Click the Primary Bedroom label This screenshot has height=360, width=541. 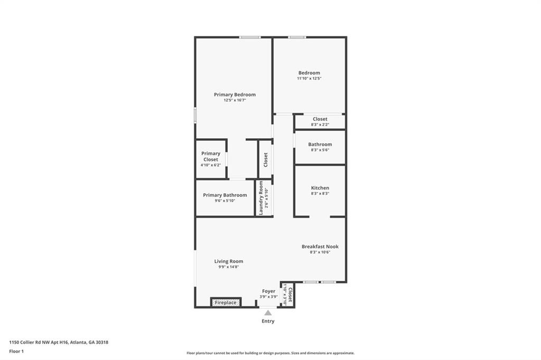click(235, 94)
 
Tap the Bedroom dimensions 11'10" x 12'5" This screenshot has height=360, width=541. click(309, 79)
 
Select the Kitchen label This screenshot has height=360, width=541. click(320, 188)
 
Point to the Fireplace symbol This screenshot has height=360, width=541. click(226, 302)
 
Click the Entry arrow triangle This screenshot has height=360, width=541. click(268, 312)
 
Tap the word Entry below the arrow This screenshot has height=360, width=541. click(268, 321)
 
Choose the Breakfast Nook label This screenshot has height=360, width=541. click(320, 247)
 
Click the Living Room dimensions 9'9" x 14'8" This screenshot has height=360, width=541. click(229, 267)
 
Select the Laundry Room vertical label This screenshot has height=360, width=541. click(260, 198)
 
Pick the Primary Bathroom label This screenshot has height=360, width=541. click(225, 195)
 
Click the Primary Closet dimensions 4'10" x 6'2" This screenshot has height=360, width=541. click(210, 165)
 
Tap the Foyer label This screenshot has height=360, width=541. click(268, 291)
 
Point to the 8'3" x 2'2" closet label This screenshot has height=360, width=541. click(320, 119)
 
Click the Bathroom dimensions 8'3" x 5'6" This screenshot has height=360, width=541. click(320, 150)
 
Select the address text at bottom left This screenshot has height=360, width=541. click(59, 342)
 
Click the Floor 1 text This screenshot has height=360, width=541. click(16, 350)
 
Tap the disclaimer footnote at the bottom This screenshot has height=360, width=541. click(270, 353)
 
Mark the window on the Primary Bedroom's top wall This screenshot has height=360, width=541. click(249, 37)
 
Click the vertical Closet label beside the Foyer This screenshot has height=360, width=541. click(290, 293)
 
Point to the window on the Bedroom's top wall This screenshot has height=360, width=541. click(297, 37)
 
